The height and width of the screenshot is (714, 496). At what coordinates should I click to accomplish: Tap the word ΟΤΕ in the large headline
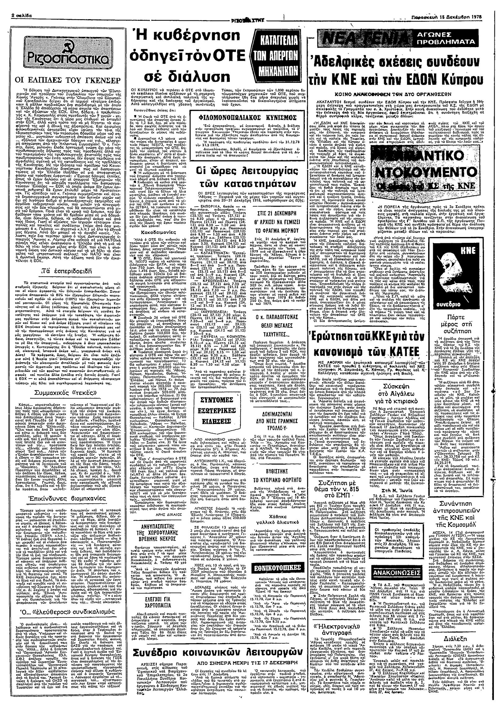[223, 55]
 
